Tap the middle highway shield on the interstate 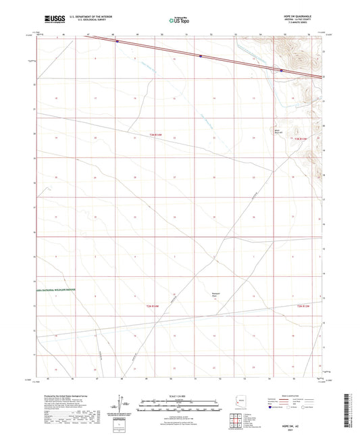(x=201, y=56)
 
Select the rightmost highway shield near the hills (x=282, y=70)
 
